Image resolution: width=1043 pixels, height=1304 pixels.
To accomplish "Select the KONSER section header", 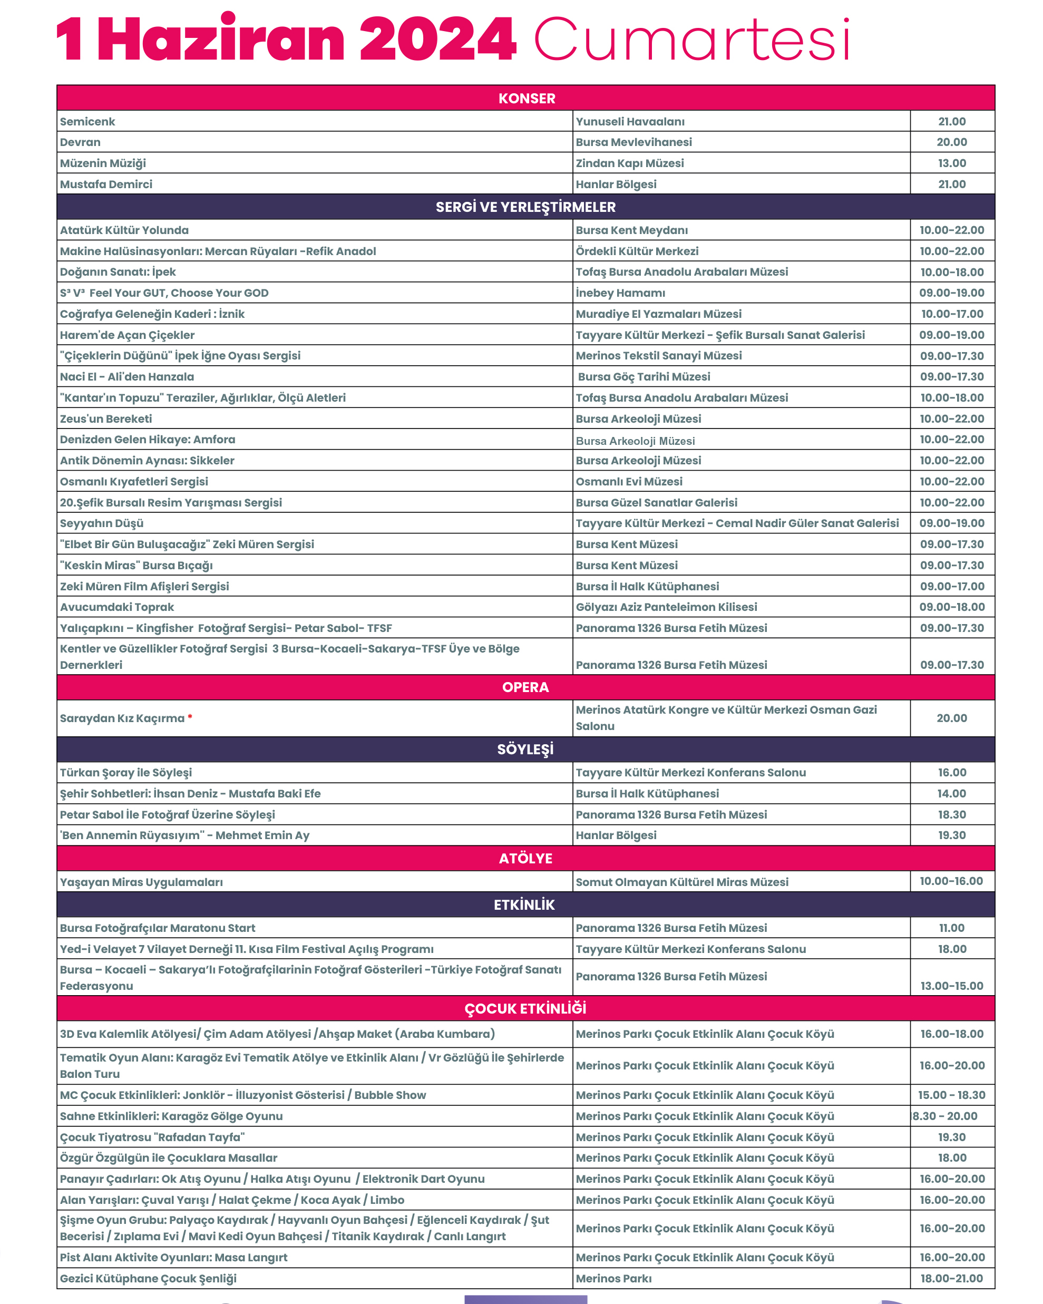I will (526, 99).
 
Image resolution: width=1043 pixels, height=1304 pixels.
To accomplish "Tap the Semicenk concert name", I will (87, 122).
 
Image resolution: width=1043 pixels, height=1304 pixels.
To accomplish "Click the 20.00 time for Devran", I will (952, 142).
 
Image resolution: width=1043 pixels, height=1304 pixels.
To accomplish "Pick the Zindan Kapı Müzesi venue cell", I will (629, 163).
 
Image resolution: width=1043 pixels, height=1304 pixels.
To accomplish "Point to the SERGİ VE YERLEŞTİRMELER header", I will (525, 207).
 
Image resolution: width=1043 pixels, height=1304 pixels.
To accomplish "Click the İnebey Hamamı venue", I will (620, 293).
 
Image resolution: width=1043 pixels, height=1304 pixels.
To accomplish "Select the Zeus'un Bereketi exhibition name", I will (106, 419).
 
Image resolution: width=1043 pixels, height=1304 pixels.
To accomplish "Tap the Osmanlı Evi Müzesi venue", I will (629, 481).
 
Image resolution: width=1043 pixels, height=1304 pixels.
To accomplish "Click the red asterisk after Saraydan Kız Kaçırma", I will (190, 717).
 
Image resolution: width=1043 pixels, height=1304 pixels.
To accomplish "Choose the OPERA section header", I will (525, 687).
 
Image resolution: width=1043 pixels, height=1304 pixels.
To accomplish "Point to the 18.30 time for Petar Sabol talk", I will (952, 815).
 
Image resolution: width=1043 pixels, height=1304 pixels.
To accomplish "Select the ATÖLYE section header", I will (525, 858).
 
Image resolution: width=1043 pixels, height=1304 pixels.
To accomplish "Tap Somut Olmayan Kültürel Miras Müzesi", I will (682, 882).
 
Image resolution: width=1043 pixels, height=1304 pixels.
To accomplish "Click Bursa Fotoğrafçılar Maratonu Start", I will (157, 928).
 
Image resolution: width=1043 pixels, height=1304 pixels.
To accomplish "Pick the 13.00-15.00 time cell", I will (952, 986).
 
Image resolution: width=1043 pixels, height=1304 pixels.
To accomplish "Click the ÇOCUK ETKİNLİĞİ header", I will (525, 1008).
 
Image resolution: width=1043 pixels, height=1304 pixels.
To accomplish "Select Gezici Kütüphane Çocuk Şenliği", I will (148, 1278).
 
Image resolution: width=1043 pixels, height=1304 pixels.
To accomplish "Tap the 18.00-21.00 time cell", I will (952, 1278).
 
